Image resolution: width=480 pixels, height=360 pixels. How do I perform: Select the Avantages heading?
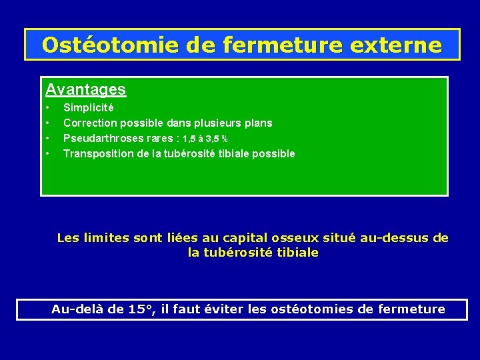tap(85, 89)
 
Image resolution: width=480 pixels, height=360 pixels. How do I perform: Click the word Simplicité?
tap(89, 107)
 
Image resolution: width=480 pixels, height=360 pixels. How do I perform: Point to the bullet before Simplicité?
tap(47, 107)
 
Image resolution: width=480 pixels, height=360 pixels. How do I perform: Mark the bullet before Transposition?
tap(47, 153)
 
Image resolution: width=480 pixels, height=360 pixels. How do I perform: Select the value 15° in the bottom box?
tap(141, 309)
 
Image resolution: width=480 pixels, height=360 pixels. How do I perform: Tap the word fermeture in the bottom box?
tap(413, 309)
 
